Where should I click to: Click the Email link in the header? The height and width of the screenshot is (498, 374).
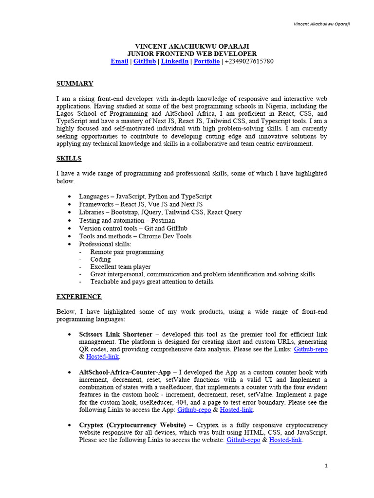pos(119,61)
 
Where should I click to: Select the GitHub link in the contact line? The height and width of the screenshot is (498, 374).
pos(145,61)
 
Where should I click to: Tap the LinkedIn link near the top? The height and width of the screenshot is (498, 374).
pos(175,61)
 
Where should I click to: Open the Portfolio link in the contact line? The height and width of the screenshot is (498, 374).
pos(206,61)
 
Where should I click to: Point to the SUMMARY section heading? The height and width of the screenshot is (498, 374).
pos(75,84)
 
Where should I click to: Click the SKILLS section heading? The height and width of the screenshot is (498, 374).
pos(69,159)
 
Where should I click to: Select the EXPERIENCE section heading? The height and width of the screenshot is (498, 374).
pos(79,297)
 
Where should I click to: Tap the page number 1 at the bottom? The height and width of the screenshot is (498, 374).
pos(326,466)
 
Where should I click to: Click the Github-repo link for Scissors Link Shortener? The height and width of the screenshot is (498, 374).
pos(311,349)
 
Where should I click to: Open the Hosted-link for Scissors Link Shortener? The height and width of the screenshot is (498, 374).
pos(102,357)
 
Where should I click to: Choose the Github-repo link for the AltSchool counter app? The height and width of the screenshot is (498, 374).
pos(194,410)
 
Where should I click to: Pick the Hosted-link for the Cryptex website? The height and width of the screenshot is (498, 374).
pos(285,440)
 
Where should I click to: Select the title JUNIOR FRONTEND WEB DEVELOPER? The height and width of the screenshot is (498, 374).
pos(192,53)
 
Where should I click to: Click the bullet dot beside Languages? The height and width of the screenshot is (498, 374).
pos(71,196)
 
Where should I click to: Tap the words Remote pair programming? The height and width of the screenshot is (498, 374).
pos(127,252)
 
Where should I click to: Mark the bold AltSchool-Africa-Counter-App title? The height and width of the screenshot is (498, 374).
pos(125,372)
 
